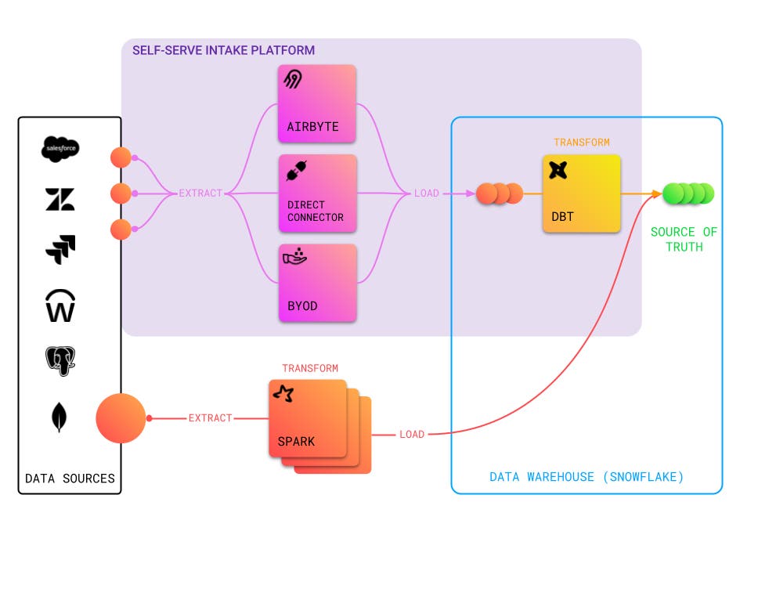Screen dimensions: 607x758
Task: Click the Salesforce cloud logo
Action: [x=60, y=149]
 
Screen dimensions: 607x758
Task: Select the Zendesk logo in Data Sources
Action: [x=60, y=200]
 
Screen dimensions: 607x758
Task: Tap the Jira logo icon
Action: [x=60, y=250]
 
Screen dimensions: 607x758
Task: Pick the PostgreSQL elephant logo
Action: [x=60, y=361]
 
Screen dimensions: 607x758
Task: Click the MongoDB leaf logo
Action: [x=60, y=417]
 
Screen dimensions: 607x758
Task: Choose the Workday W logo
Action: [x=60, y=305]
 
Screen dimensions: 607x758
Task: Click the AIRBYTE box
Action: [x=317, y=103]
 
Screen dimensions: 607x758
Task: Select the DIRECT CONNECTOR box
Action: [x=317, y=193]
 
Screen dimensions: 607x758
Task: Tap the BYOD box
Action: [x=317, y=283]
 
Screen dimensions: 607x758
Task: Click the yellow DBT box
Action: [x=581, y=193]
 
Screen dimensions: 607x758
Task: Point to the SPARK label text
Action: [x=296, y=441]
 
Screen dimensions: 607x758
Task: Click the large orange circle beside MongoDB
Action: [x=121, y=418]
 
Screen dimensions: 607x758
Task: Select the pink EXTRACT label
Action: [x=200, y=193]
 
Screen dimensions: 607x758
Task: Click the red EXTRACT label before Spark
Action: [x=210, y=418]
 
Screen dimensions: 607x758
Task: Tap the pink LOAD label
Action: [x=427, y=193]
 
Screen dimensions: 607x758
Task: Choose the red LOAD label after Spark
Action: [x=412, y=434]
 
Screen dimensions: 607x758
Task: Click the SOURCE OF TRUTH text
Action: [x=684, y=239]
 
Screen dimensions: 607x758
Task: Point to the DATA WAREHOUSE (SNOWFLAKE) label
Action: [x=587, y=477]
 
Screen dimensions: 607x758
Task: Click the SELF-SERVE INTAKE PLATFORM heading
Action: [x=223, y=50]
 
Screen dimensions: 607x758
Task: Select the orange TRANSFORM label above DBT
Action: [x=581, y=143]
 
